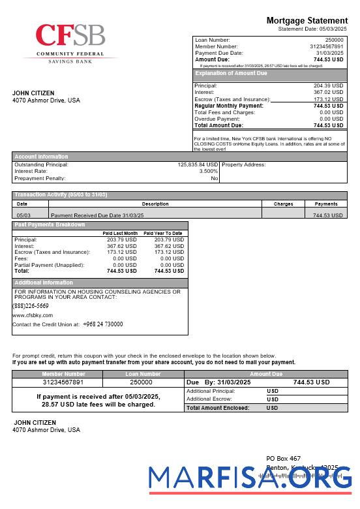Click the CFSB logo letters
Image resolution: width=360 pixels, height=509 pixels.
[70, 36]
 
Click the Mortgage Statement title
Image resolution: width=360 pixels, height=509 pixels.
[307, 21]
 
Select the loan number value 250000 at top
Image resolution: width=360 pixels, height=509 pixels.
[334, 40]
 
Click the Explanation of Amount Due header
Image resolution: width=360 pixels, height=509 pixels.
[232, 74]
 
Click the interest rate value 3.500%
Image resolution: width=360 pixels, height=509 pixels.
[209, 171]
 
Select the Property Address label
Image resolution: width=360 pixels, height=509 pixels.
[244, 164]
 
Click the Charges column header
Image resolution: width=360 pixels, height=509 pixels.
[283, 204]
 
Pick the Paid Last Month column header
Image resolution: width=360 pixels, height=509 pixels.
[120, 233]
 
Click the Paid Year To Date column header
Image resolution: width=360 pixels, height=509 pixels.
[162, 233]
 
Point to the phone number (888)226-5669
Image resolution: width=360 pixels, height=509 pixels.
[31, 305]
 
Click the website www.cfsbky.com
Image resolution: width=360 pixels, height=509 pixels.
[33, 315]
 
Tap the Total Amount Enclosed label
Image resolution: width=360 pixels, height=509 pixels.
[218, 407]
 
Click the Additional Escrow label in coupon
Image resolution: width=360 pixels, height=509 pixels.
[209, 399]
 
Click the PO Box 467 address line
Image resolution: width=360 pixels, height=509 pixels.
[284, 459]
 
